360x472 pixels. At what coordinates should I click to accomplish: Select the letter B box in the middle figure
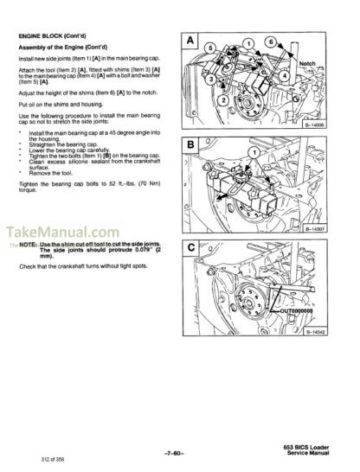[190, 145]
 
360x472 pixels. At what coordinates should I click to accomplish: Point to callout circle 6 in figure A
[270, 41]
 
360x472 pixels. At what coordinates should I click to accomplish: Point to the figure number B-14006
[310, 124]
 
